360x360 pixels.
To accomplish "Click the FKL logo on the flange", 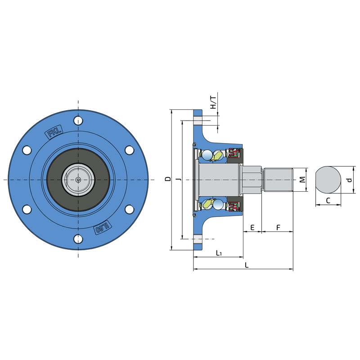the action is pos(54,132).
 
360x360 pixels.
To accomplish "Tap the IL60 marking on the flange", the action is pos(103,228).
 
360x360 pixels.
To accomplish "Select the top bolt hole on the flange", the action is pos(78,121).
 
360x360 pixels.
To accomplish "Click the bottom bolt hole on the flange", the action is pos(78,239).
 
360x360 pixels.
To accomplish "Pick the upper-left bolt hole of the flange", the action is pos(27,150).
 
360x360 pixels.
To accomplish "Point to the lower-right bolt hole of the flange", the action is pos(130,209).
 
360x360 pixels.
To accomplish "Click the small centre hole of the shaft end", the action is pos(78,180).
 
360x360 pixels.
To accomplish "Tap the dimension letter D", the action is pos(168,179).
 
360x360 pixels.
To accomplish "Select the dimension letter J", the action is pos(180,179).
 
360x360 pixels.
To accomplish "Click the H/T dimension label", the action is pos(213,103).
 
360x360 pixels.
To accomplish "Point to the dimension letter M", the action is pos(303,180).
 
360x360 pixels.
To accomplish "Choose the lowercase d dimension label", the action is pos(350,180).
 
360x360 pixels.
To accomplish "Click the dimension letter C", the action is pos(328,201).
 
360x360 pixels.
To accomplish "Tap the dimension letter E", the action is pos(252,228).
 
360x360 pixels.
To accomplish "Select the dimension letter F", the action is pos(278,228).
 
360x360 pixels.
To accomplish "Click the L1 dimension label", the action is pos(219,253).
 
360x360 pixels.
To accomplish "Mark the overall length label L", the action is pos(247,265).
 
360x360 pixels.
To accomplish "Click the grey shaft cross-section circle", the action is pos(328,180).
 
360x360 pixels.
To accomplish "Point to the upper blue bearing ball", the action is pos(207,155).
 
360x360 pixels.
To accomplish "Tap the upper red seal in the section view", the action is pos(234,153).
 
